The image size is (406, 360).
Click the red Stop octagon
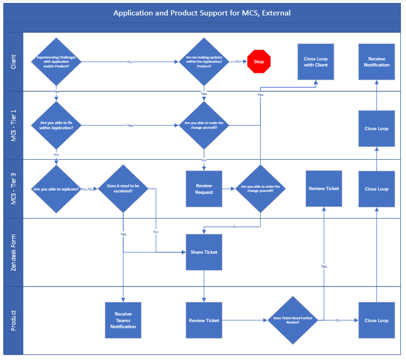[259, 62]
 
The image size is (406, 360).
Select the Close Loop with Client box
[316, 62]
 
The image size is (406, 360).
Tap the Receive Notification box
[376, 62]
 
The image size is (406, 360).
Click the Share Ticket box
[204, 252]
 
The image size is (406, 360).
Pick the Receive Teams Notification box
[123, 320]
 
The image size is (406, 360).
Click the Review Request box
[204, 189]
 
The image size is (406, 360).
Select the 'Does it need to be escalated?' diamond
[123, 189]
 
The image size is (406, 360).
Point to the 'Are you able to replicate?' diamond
[56, 189]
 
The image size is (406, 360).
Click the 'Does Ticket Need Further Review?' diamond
[293, 320]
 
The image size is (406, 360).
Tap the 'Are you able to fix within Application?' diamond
[56, 125]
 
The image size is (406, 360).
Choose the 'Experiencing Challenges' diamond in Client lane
[56, 62]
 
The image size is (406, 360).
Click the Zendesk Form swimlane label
[13, 253]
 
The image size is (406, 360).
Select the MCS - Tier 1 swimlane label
[13, 125]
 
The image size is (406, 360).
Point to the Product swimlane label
[13, 320]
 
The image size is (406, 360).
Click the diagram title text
[202, 13]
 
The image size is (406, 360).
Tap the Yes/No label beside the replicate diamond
[87, 189]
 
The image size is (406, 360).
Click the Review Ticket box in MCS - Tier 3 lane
[324, 189]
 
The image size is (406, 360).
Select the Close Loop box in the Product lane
[376, 320]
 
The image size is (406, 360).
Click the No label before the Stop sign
[238, 62]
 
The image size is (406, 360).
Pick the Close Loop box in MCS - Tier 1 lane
[376, 129]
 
